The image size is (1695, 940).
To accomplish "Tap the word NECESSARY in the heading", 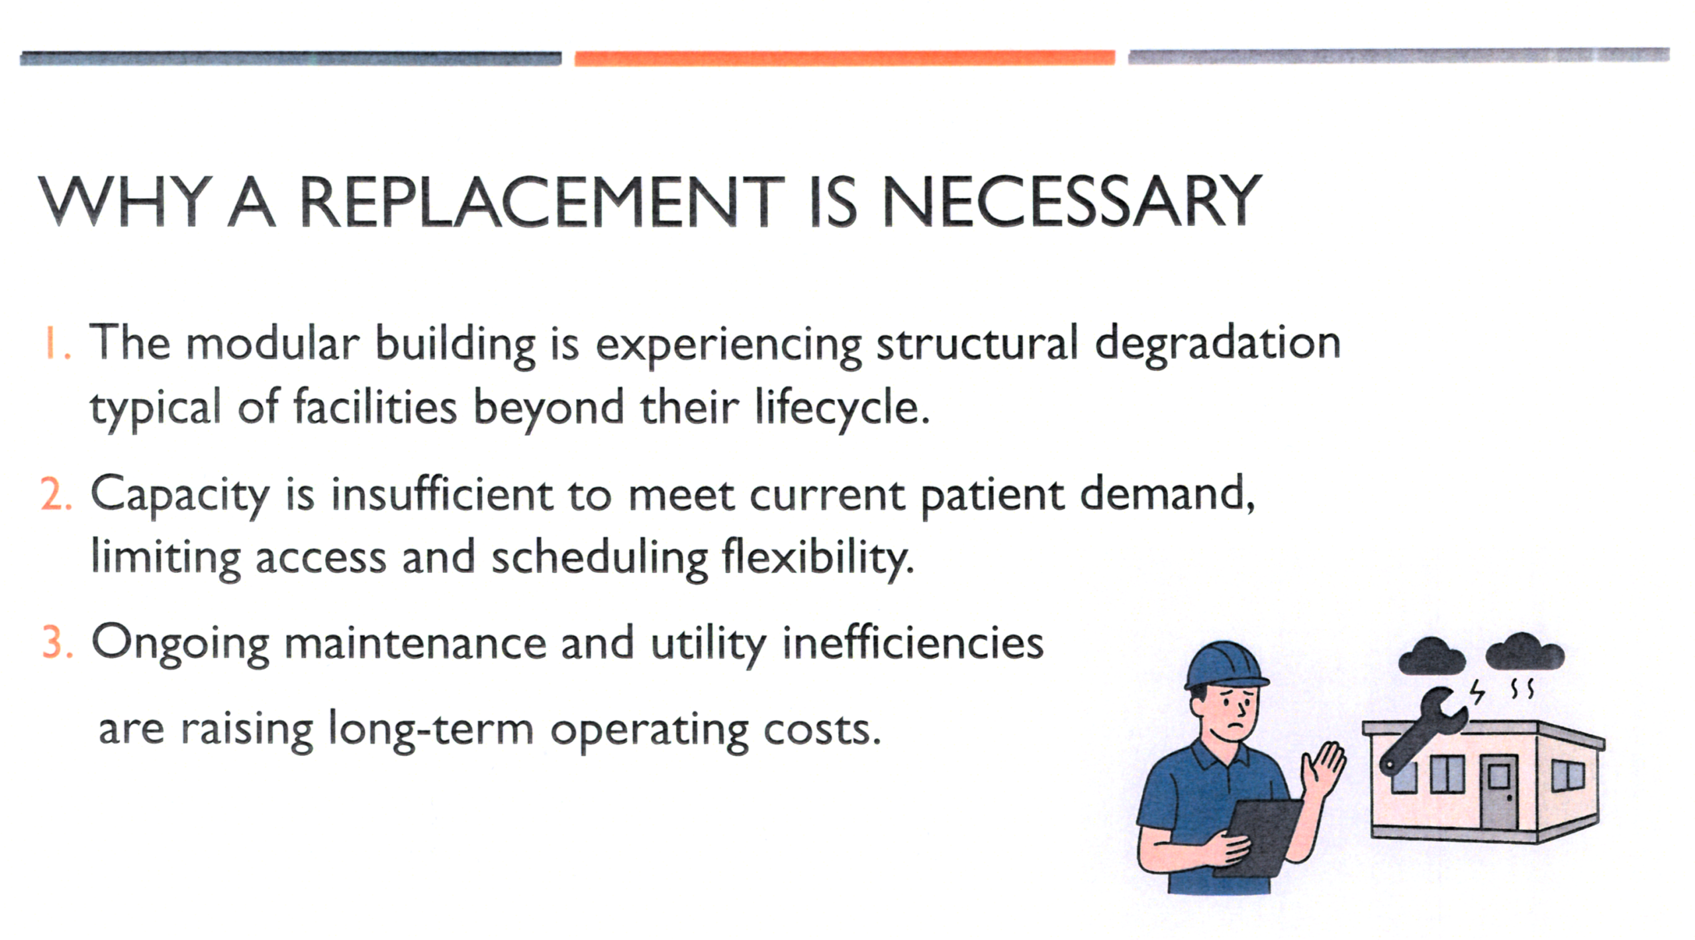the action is click(1072, 201).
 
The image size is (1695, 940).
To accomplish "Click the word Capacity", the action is click(180, 496).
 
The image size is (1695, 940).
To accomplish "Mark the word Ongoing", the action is click(180, 645).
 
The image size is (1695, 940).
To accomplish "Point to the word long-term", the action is click(431, 730).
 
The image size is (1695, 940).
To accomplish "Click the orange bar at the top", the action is click(845, 58).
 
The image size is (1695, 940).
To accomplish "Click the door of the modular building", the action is click(1499, 792).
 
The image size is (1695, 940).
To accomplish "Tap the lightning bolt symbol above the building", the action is click(1477, 692).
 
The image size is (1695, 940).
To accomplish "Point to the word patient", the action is click(992, 496).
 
